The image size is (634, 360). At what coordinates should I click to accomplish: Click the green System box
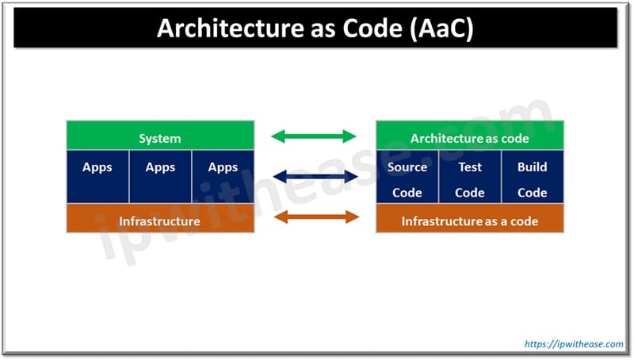[x=160, y=137]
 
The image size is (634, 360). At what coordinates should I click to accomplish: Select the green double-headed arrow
[x=314, y=136]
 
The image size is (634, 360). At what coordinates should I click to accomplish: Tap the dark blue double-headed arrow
[x=314, y=177]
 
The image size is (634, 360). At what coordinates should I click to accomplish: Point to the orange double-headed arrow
[x=314, y=217]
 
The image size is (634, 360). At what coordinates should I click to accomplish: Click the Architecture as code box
[x=469, y=137]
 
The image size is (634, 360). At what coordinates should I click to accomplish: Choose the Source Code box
[x=407, y=179]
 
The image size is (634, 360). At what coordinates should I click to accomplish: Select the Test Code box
[x=469, y=179]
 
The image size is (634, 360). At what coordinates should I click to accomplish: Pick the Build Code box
[x=533, y=179]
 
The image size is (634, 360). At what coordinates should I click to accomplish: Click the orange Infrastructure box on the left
[x=160, y=220]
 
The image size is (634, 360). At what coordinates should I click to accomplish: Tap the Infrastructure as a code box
[x=469, y=220]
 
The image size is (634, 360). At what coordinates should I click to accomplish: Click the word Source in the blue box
[x=407, y=167]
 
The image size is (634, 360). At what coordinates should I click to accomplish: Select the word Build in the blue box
[x=533, y=167]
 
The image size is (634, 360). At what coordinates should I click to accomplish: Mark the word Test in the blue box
[x=469, y=167]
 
